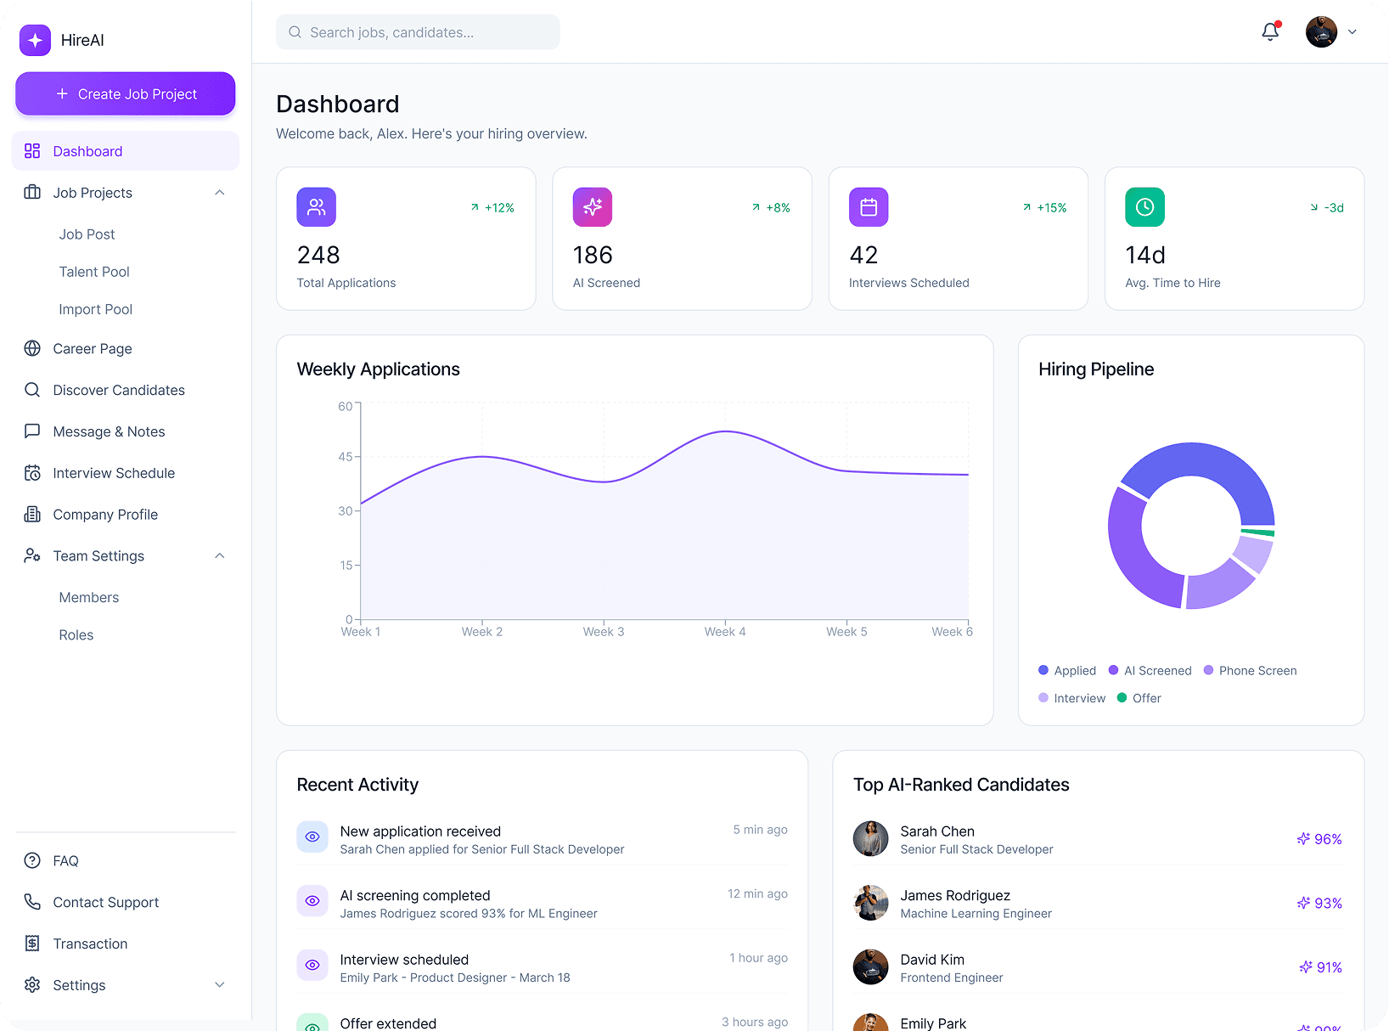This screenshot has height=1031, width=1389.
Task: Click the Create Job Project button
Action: click(x=126, y=93)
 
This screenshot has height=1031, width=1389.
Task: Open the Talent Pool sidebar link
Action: click(x=94, y=272)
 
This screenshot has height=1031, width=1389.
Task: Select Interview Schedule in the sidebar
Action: click(x=114, y=473)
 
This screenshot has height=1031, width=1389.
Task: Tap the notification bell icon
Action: click(x=1270, y=32)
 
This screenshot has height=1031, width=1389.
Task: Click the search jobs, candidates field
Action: click(x=418, y=32)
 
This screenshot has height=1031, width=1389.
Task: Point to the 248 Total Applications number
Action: click(x=318, y=255)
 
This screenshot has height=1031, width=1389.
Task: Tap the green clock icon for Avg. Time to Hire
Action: click(x=1144, y=207)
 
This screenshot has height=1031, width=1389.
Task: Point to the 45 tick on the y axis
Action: click(x=346, y=457)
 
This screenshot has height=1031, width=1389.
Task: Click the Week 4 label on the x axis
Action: click(x=725, y=632)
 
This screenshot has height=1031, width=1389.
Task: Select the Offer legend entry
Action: click(x=1139, y=698)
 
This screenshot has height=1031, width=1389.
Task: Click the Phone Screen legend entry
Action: click(x=1251, y=671)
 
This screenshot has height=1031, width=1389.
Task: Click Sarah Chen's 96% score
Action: click(x=1320, y=839)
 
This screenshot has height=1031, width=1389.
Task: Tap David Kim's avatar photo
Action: click(x=870, y=967)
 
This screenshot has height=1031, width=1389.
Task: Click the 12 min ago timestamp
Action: click(x=757, y=893)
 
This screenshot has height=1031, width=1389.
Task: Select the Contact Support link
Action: click(x=105, y=902)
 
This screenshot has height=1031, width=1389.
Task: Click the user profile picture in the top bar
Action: click(x=1321, y=32)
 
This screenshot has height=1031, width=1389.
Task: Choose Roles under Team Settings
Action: click(x=76, y=635)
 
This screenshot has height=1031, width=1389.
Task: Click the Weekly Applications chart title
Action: click(x=378, y=369)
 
